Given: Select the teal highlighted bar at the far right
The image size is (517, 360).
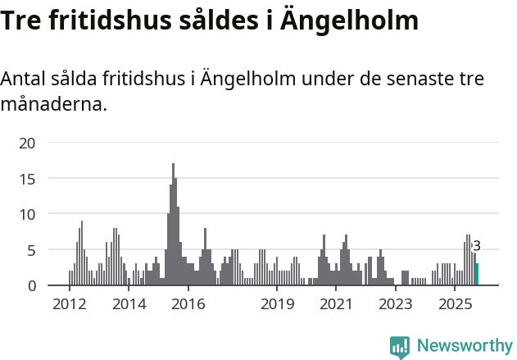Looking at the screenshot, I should tap(477, 275).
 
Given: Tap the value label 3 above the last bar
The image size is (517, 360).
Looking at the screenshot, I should tap(477, 246).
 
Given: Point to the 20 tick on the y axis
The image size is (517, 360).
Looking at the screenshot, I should tap(28, 143).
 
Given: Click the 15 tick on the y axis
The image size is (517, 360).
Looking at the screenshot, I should tap(28, 179).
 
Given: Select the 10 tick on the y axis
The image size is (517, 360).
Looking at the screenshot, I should tap(28, 214).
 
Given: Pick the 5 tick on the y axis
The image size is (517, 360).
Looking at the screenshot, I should tap(31, 250).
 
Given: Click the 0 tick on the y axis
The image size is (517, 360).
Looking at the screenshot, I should tap(31, 285).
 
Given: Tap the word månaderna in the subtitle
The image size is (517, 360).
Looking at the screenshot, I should tap(54, 105).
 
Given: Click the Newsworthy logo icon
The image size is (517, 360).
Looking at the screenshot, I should tap(400, 346).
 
